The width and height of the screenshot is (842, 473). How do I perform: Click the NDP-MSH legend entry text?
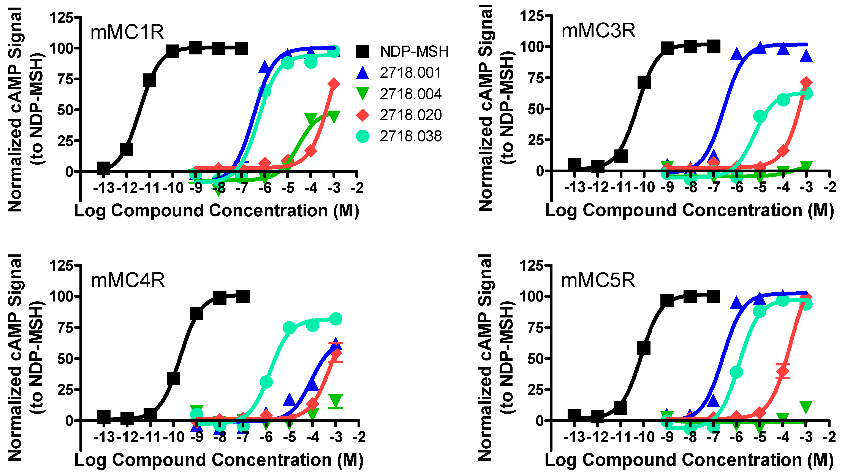(x=414, y=52)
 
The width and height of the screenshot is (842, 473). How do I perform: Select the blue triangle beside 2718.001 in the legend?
(x=362, y=73)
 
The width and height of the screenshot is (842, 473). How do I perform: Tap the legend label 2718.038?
(x=411, y=136)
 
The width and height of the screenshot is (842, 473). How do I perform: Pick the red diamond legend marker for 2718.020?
(x=362, y=115)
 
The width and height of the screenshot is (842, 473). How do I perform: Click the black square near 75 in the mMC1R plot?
(x=149, y=80)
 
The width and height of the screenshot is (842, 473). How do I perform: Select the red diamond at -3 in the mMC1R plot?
(x=334, y=84)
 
